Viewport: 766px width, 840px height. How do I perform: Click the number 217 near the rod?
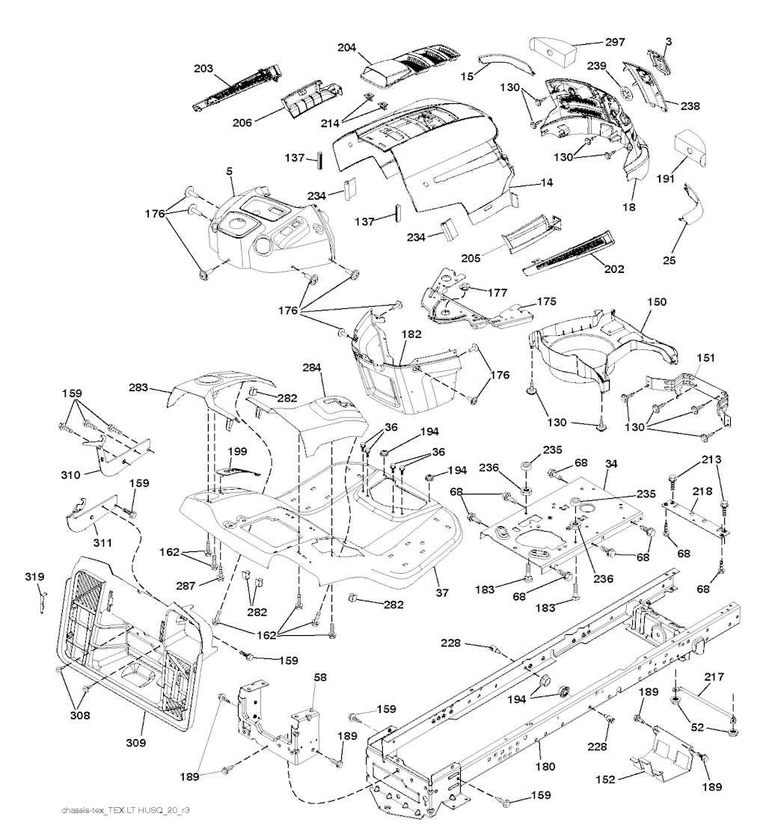click(x=715, y=677)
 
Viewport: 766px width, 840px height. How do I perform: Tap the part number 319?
click(x=34, y=577)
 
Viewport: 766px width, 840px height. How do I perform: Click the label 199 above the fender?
click(x=237, y=452)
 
